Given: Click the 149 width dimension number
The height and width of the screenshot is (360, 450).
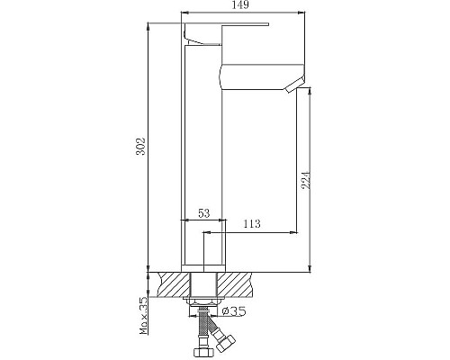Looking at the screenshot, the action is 241,5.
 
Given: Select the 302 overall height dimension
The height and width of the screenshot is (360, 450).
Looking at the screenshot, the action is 140,147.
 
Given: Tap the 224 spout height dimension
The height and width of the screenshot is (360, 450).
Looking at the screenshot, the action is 305,180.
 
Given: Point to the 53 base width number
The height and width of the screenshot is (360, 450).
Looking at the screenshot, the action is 204,213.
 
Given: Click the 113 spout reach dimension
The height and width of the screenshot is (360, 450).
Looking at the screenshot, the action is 252,224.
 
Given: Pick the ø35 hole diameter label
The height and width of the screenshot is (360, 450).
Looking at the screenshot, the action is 234,311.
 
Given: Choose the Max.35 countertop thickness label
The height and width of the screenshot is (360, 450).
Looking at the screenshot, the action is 144,316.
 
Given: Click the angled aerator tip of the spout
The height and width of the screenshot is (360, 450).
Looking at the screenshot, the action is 295,85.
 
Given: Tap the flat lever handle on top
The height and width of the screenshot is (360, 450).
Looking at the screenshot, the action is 227,24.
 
